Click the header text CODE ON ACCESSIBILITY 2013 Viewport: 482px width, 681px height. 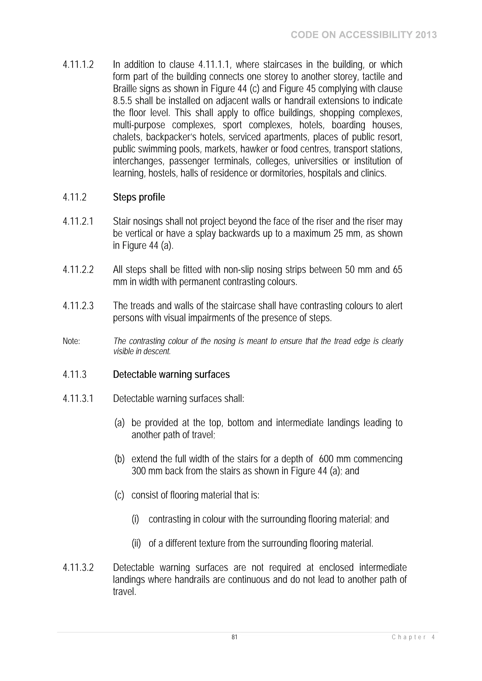click(364, 35)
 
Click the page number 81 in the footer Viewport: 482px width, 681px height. click(234, 637)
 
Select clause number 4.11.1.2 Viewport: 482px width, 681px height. click(78, 65)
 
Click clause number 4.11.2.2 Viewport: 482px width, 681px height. click(78, 270)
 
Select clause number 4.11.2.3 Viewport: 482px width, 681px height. click(78, 306)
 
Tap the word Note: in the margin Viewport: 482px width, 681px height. click(71, 341)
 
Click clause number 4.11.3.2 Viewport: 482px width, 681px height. click(78, 567)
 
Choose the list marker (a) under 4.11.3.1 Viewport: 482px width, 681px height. click(119, 423)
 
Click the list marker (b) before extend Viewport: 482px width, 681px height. click(119, 459)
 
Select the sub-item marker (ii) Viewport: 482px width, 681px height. click(136, 543)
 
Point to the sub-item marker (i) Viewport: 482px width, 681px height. click(135, 519)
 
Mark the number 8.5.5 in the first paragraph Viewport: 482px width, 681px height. click(122, 101)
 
